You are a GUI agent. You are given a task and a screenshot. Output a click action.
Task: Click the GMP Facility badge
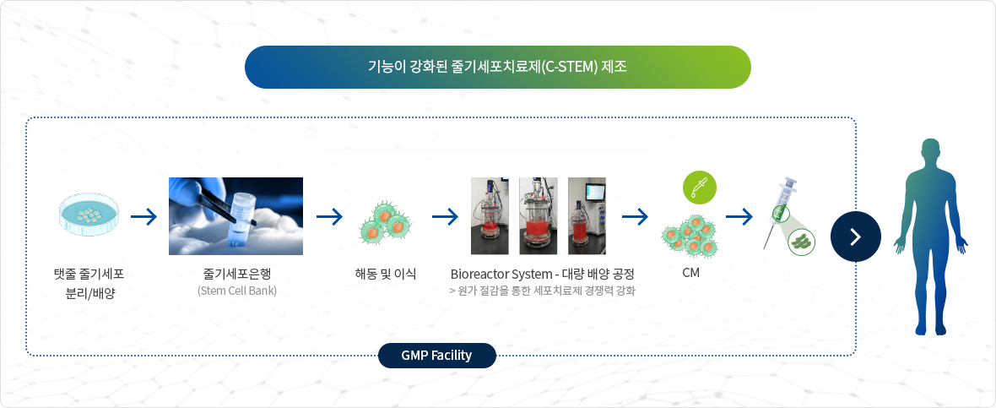[x=436, y=356]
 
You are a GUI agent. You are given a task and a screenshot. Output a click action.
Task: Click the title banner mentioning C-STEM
[x=497, y=67]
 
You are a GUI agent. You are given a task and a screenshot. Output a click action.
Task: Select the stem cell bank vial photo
[x=235, y=216]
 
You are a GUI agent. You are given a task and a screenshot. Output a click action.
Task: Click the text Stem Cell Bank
[x=237, y=291]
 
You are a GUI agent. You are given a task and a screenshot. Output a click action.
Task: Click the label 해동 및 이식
[x=385, y=274]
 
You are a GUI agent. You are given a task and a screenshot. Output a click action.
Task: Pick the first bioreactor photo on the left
[x=490, y=216]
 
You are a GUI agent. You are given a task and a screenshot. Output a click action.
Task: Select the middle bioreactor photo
[x=538, y=216]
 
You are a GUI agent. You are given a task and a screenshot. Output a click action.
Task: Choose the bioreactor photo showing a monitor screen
[x=587, y=216]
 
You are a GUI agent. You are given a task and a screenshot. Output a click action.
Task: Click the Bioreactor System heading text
[x=543, y=275]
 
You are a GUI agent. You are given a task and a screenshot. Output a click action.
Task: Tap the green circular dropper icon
[x=700, y=188]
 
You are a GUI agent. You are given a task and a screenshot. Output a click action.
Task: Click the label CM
[x=690, y=274]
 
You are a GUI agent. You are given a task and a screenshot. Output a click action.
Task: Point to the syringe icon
[x=782, y=211]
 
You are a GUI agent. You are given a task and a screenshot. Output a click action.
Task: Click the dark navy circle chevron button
[x=856, y=237]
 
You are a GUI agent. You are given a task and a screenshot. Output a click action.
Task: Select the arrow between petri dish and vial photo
[x=144, y=217]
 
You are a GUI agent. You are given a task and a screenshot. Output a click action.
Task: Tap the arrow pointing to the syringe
[x=739, y=217]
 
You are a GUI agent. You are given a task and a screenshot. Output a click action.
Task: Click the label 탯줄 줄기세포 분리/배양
[x=89, y=284]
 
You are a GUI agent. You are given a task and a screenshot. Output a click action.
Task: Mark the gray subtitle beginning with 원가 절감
[x=543, y=291]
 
